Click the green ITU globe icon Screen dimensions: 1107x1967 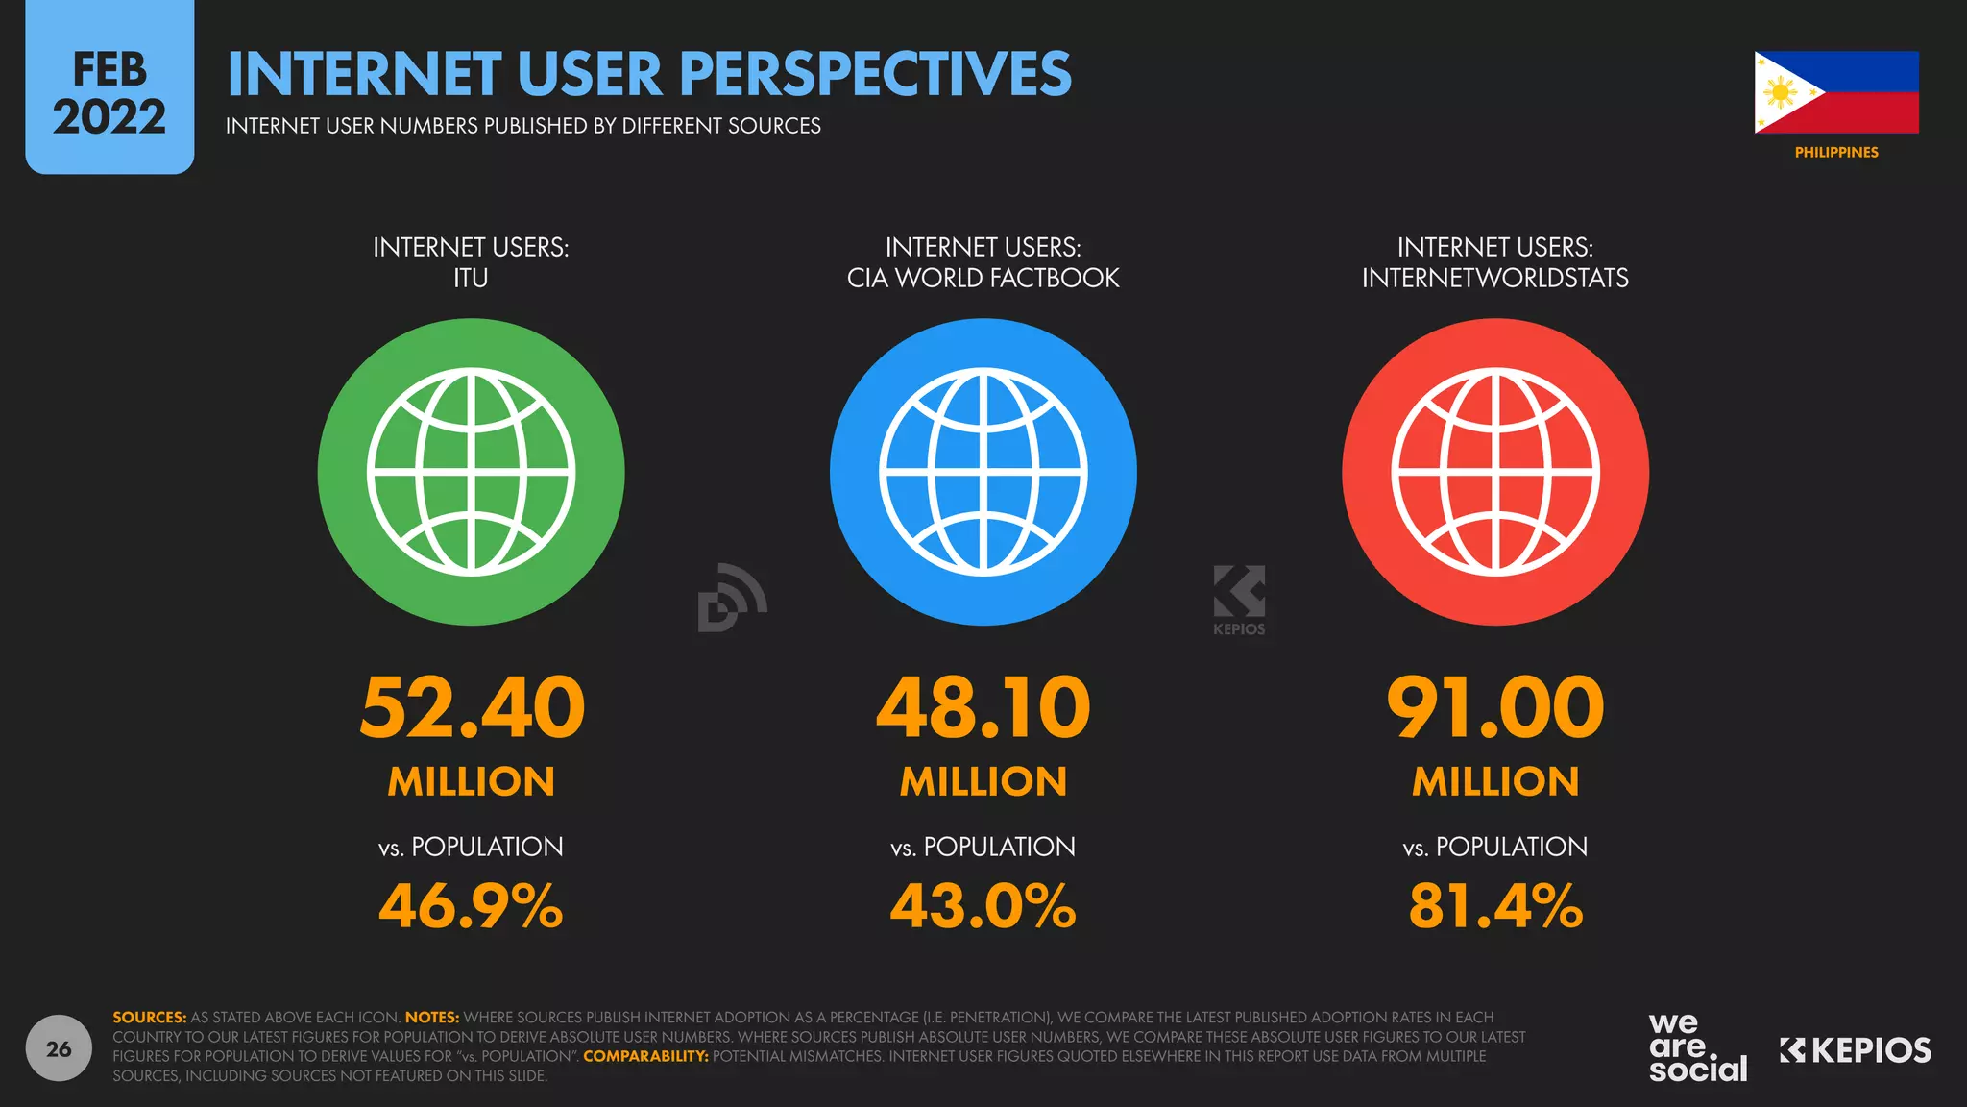pos(471,472)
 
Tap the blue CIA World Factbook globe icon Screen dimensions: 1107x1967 pos(983,472)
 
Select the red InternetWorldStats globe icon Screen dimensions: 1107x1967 pos(1494,472)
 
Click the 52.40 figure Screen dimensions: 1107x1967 pos(472,707)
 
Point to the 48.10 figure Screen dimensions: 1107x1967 pos(983,707)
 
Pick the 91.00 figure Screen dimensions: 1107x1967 pos(1494,707)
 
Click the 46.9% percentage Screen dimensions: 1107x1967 pos(471,906)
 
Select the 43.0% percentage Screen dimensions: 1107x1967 pos(983,906)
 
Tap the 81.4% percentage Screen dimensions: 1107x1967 pos(1494,906)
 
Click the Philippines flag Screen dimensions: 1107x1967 pos(1835,92)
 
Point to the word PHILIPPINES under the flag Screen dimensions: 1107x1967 pos(1835,153)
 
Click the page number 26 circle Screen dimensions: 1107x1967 pos(59,1048)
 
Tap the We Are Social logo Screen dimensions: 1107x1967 pos(1697,1048)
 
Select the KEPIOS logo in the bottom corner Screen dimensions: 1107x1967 pos(1855,1050)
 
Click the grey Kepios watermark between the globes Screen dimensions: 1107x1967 pos(1239,598)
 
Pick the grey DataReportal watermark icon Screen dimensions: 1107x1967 pos(732,598)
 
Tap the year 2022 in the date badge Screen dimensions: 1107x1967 pos(109,117)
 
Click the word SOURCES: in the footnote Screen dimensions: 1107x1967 pos(149,1017)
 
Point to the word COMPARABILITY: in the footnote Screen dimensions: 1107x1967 pos(645,1056)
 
